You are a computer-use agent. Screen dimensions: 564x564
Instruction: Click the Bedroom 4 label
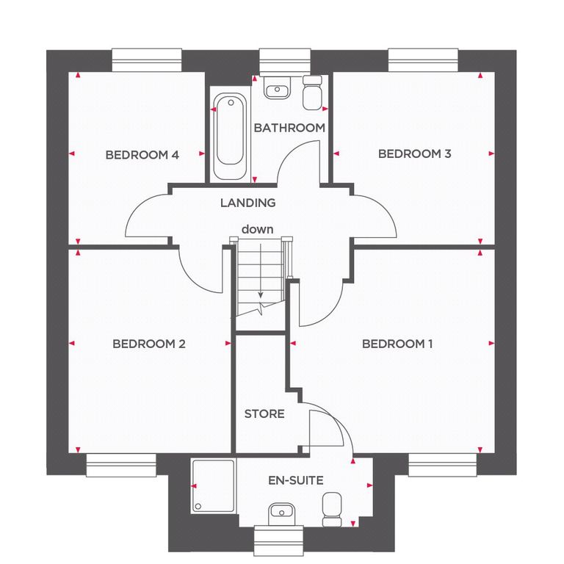tap(142, 155)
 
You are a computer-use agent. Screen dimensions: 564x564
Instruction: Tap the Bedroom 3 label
tap(414, 154)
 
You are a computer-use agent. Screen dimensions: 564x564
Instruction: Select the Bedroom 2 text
tap(149, 344)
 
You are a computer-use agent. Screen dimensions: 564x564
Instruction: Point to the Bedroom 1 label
tap(397, 344)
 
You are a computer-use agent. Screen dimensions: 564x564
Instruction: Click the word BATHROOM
tap(289, 128)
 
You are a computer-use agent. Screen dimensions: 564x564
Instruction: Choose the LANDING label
tap(247, 203)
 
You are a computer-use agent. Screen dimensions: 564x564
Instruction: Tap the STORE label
tap(264, 414)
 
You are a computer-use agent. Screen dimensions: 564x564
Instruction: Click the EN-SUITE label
tap(296, 480)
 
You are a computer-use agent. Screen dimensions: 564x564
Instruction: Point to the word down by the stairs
tap(257, 229)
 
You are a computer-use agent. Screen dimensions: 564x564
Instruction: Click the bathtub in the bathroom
tap(230, 136)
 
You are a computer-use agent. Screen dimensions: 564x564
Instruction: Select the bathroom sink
tap(277, 87)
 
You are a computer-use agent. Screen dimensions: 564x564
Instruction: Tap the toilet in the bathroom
tap(312, 93)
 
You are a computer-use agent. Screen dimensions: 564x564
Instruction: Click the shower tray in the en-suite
tap(213, 485)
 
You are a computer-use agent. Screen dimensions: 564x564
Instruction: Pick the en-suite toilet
tap(332, 510)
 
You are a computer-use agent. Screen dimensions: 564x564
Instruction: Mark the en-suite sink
tap(282, 513)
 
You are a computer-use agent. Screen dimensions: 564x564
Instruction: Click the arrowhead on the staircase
tap(261, 295)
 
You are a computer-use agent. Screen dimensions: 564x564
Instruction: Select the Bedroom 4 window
tap(147, 60)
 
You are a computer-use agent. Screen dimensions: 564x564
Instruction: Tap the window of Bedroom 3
tap(423, 60)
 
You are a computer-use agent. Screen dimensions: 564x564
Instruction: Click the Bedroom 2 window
tap(121, 465)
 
